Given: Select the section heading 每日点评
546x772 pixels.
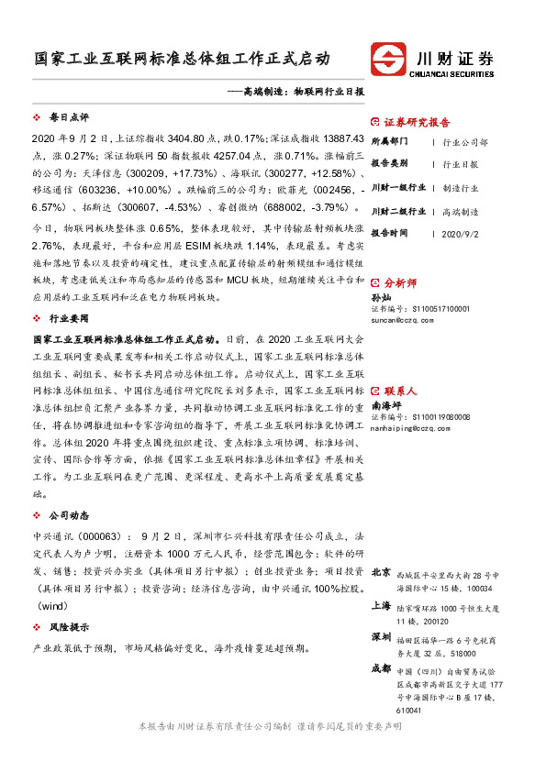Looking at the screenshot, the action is coord(68,117).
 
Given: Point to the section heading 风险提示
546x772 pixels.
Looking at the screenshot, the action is coord(68,627).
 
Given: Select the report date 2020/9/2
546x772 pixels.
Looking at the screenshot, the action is coord(459,234).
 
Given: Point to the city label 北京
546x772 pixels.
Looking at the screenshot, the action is coord(381,572).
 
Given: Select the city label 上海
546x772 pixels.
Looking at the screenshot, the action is coord(381,606).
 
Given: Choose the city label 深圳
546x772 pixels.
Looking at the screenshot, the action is coord(381,636).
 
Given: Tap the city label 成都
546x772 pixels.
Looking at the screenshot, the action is coord(381,668).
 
